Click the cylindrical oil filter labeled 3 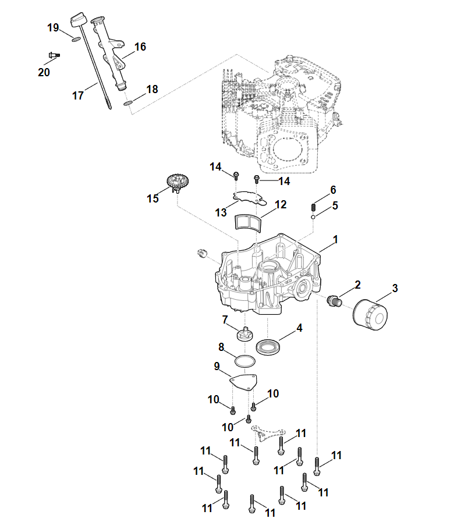point(370,314)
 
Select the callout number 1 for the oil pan point(335,240)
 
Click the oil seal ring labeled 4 point(268,347)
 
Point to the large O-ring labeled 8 point(245,361)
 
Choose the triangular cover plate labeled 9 point(244,382)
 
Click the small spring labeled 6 point(314,205)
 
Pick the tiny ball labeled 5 point(313,218)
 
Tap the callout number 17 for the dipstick point(78,96)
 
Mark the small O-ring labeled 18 point(129,103)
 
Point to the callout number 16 point(140,47)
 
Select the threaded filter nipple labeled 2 point(334,300)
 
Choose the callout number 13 point(221,213)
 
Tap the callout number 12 point(281,205)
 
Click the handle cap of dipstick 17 point(76,20)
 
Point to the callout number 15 point(153,199)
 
